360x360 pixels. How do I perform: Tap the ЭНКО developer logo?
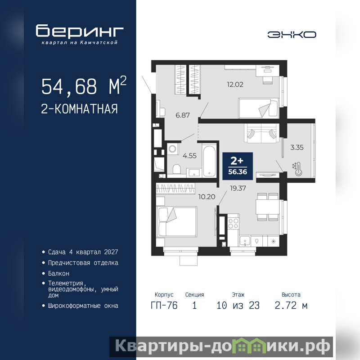click(292, 35)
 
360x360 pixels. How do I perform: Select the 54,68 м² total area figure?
click(84, 86)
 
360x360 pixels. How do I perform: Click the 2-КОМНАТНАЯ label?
click(80, 109)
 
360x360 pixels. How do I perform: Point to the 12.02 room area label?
click(235, 85)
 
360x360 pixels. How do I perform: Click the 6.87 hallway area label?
click(183, 115)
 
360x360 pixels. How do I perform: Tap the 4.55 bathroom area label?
click(189, 156)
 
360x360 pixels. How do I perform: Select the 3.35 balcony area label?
click(297, 148)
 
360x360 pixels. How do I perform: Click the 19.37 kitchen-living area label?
click(238, 188)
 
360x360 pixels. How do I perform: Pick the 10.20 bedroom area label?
click(207, 197)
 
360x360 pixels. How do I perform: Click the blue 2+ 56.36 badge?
click(238, 166)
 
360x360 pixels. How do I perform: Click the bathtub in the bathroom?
click(209, 160)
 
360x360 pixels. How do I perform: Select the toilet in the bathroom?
click(176, 170)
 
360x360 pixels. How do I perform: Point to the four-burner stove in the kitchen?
click(233, 223)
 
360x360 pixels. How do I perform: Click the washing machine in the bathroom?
click(173, 148)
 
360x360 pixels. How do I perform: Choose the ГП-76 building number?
click(164, 306)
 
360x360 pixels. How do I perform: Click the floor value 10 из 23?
click(238, 306)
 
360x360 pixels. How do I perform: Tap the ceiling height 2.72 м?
click(291, 306)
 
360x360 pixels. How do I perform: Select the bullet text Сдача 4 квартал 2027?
click(83, 252)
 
